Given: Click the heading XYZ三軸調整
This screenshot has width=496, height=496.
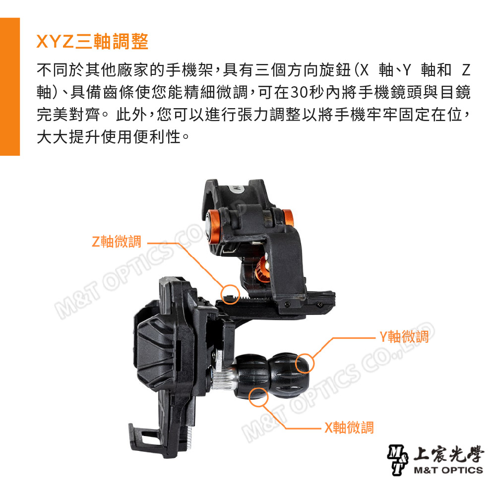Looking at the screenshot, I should click(93, 41).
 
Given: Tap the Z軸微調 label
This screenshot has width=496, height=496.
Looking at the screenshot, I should click(117, 242).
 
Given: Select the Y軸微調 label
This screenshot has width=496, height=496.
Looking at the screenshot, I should click(404, 337).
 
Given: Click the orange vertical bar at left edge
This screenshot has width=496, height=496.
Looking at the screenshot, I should click(9, 86).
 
